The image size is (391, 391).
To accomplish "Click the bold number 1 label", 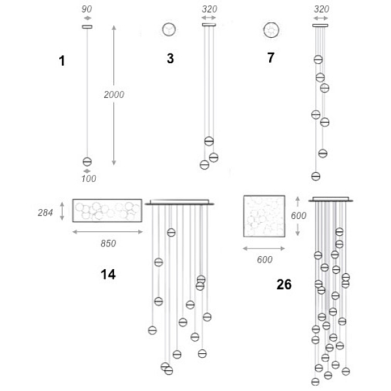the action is (x=62, y=61).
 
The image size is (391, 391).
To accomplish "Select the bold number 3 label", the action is (x=170, y=59).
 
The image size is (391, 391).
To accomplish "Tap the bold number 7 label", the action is (x=271, y=57).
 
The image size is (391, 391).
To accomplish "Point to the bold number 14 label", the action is (x=108, y=274).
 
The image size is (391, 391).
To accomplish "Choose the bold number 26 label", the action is (x=284, y=284).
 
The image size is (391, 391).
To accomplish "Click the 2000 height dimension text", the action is (x=114, y=94).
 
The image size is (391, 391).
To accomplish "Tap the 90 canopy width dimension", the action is (x=87, y=9).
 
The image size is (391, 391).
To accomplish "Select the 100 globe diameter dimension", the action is (x=89, y=179).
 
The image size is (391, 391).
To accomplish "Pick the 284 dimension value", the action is (x=45, y=212).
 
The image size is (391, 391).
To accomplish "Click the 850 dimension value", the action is (x=108, y=243).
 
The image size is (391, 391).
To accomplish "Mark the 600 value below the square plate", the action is (x=265, y=259).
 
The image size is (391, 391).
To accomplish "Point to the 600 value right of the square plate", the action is (x=298, y=216).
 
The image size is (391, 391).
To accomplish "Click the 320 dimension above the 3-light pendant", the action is (x=209, y=9).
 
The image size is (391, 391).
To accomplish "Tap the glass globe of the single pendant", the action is (x=87, y=162).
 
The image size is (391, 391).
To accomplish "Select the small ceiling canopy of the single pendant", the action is (x=87, y=27).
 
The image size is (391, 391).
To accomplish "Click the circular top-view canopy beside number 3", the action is (x=169, y=29).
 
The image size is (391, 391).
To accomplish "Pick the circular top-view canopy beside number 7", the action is (x=271, y=30).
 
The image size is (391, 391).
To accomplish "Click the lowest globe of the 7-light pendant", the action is (x=315, y=177).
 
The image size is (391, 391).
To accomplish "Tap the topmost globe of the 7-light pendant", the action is (x=318, y=59).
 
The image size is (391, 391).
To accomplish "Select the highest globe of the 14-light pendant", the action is (x=171, y=233).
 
